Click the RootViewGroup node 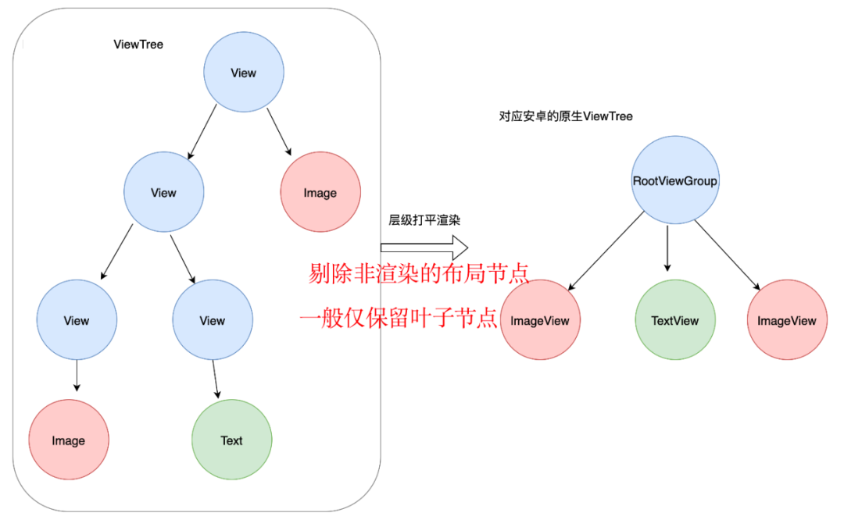pyautogui.click(x=675, y=180)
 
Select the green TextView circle pyautogui.click(x=675, y=320)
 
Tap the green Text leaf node pyautogui.click(x=232, y=440)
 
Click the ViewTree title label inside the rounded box pyautogui.click(x=138, y=45)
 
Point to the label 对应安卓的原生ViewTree pyautogui.click(x=566, y=116)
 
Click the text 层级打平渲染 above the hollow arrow pyautogui.click(x=424, y=220)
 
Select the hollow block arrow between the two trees pyautogui.click(x=424, y=248)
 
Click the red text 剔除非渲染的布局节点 pyautogui.click(x=419, y=274)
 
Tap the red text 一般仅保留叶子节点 pyautogui.click(x=399, y=319)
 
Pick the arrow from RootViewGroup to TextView pyautogui.click(x=667, y=248)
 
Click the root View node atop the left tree pyautogui.click(x=244, y=72)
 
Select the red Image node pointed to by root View pyautogui.click(x=320, y=192)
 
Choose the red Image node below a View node pyautogui.click(x=69, y=440)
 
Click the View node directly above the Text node pyautogui.click(x=213, y=320)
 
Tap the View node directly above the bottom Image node pyautogui.click(x=77, y=320)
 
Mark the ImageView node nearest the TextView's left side pyautogui.click(x=540, y=320)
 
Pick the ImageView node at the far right pyautogui.click(x=787, y=320)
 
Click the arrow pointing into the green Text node pyautogui.click(x=216, y=379)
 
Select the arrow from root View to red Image pyautogui.click(x=279, y=132)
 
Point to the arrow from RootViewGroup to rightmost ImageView pyautogui.click(x=727, y=255)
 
